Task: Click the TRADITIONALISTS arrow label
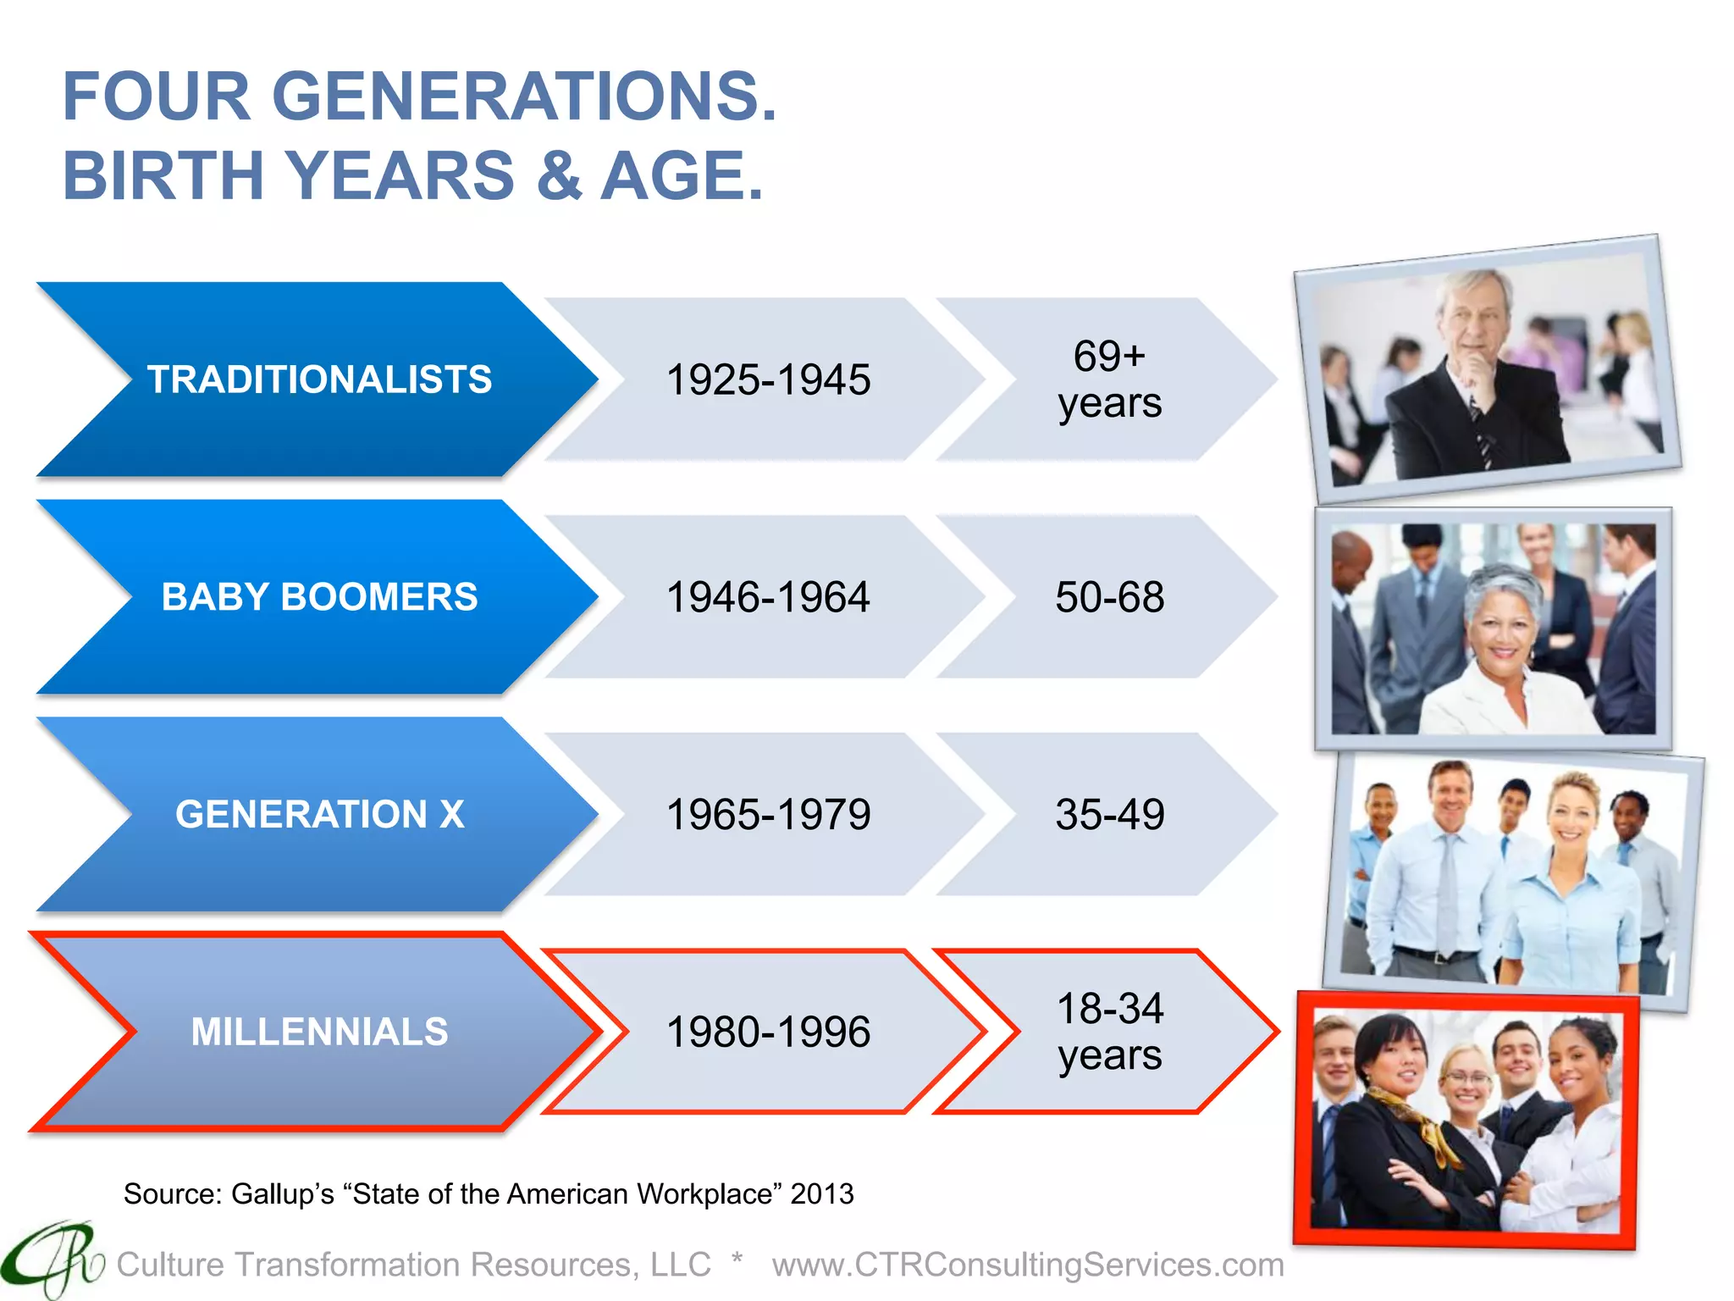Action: (319, 379)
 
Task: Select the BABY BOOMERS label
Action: (319, 597)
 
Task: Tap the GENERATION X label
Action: (319, 815)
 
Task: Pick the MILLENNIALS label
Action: (319, 1032)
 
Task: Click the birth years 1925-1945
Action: (768, 379)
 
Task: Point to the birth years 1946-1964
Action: (768, 597)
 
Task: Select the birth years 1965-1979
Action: (768, 815)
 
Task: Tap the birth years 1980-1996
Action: (768, 1032)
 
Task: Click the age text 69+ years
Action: (1109, 379)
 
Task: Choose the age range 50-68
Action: (1109, 597)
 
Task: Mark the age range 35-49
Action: (1109, 815)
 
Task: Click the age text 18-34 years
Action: (1109, 1032)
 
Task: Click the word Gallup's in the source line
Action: (283, 1193)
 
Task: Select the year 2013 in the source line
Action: (821, 1193)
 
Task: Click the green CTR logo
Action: (51, 1260)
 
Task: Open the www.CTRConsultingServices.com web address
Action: (1028, 1265)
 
